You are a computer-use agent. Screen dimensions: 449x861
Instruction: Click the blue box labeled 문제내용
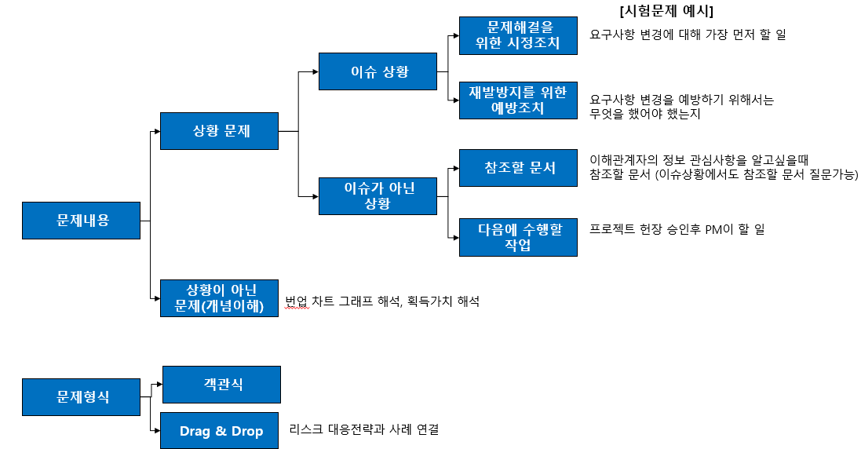pyautogui.click(x=82, y=221)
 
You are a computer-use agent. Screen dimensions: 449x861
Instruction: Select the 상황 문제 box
pyautogui.click(x=219, y=131)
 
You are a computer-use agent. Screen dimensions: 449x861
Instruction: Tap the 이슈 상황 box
pyautogui.click(x=378, y=72)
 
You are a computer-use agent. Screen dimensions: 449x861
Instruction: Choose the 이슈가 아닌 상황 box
pyautogui.click(x=378, y=196)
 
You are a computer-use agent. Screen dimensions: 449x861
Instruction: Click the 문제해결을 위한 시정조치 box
pyautogui.click(x=518, y=35)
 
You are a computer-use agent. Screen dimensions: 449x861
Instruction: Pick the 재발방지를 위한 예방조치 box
pyautogui.click(x=518, y=100)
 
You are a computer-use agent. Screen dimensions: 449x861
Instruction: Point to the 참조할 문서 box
pyautogui.click(x=518, y=168)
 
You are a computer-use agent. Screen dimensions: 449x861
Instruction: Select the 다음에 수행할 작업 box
pyautogui.click(x=518, y=237)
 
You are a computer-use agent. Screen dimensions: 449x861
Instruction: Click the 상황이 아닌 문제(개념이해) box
pyautogui.click(x=219, y=298)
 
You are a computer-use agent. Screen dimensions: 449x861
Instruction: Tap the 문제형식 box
pyautogui.click(x=82, y=397)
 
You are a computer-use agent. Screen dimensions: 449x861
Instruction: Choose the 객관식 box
pyautogui.click(x=221, y=385)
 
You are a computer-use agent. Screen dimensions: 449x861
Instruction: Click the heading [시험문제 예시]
pyautogui.click(x=666, y=11)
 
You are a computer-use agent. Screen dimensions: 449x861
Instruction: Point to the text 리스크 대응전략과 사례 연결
pyautogui.click(x=363, y=430)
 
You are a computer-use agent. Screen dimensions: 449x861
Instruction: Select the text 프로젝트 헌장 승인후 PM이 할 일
pyautogui.click(x=677, y=229)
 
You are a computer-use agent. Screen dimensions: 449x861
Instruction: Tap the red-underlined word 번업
pyautogui.click(x=297, y=301)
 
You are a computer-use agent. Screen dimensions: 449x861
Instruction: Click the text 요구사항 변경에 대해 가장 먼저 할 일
pyautogui.click(x=688, y=35)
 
